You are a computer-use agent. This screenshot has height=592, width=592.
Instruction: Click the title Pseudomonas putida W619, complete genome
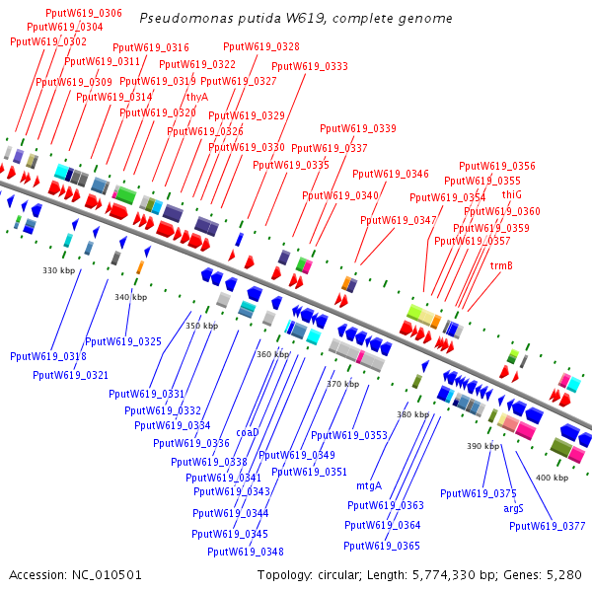[296, 18]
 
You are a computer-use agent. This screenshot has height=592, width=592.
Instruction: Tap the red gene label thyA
[197, 97]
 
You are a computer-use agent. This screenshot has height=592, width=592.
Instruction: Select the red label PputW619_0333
[310, 66]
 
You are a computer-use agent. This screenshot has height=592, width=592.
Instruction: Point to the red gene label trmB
[501, 265]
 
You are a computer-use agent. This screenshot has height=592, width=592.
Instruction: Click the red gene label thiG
[511, 194]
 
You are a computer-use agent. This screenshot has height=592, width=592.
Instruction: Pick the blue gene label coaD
[248, 433]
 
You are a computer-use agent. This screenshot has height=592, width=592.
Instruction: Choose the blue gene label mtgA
[369, 485]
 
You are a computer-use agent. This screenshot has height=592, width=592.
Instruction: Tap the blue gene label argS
[513, 508]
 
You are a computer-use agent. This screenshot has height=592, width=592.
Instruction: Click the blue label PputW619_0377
[547, 526]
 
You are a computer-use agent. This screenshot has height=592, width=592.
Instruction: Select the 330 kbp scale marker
[59, 270]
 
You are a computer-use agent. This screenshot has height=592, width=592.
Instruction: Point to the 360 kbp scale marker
[273, 354]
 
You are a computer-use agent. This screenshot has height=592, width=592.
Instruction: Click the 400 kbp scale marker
[552, 478]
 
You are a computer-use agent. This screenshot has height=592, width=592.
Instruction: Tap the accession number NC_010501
[107, 575]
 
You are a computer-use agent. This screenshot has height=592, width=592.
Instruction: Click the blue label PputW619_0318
[48, 356]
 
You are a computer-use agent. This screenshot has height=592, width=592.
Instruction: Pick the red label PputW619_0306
[84, 13]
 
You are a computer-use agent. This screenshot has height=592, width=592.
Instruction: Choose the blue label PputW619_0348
[246, 552]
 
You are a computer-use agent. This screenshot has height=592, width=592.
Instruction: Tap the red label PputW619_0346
[391, 174]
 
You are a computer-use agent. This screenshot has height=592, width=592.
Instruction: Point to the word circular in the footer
[339, 575]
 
